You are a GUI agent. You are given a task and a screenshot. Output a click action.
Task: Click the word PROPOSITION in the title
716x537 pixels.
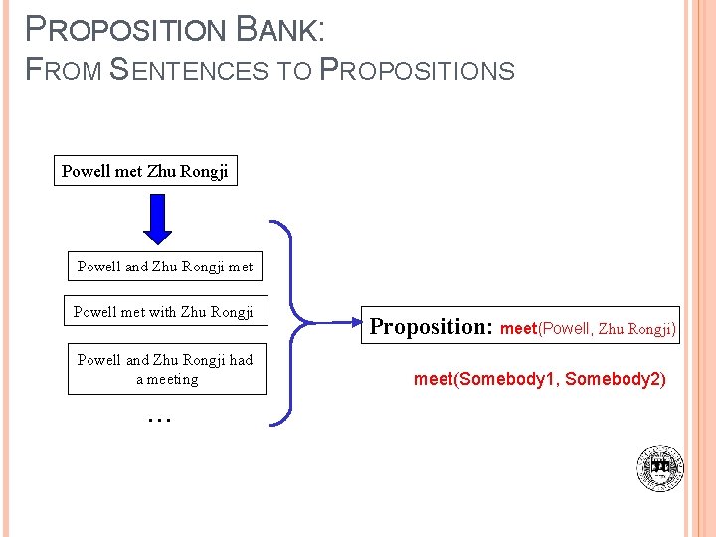pos(125,30)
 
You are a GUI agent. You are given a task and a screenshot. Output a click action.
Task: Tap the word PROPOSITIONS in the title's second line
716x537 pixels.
pos(418,70)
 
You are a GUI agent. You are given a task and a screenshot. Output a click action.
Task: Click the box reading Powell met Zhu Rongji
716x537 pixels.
pos(145,171)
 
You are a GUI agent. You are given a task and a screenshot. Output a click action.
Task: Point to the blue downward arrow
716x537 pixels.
pos(158,218)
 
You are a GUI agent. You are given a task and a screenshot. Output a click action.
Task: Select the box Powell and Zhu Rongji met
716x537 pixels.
pos(165,267)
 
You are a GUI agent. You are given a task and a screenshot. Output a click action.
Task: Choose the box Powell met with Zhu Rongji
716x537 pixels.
pos(164,312)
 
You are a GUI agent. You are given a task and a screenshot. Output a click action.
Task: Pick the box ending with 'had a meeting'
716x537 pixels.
pos(166,369)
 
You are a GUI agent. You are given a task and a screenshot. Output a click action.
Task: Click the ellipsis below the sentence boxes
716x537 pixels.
pos(159,419)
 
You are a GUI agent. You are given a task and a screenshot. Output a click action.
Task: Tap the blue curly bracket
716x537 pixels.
pos(288,323)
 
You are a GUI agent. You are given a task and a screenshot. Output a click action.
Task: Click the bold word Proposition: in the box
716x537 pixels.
pos(431,326)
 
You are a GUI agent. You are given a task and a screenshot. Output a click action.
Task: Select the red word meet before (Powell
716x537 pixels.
pos(518,328)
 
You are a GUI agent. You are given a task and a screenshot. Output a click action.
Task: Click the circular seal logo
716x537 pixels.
pos(660,467)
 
